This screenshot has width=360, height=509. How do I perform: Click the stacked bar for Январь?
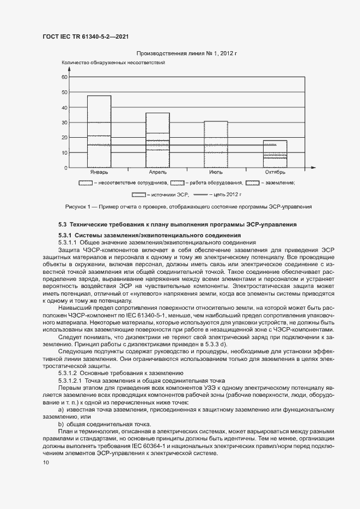tap(99, 131)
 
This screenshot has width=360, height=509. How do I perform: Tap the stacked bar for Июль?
tap(216, 144)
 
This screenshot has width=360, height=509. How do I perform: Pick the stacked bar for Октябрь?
tap(274, 154)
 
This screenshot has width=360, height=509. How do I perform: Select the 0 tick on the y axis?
tap(66, 168)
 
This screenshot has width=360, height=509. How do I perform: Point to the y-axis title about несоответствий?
tap(113, 64)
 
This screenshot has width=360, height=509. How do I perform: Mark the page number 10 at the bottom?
tap(46, 463)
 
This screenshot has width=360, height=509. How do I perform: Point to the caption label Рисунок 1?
tap(80, 207)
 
